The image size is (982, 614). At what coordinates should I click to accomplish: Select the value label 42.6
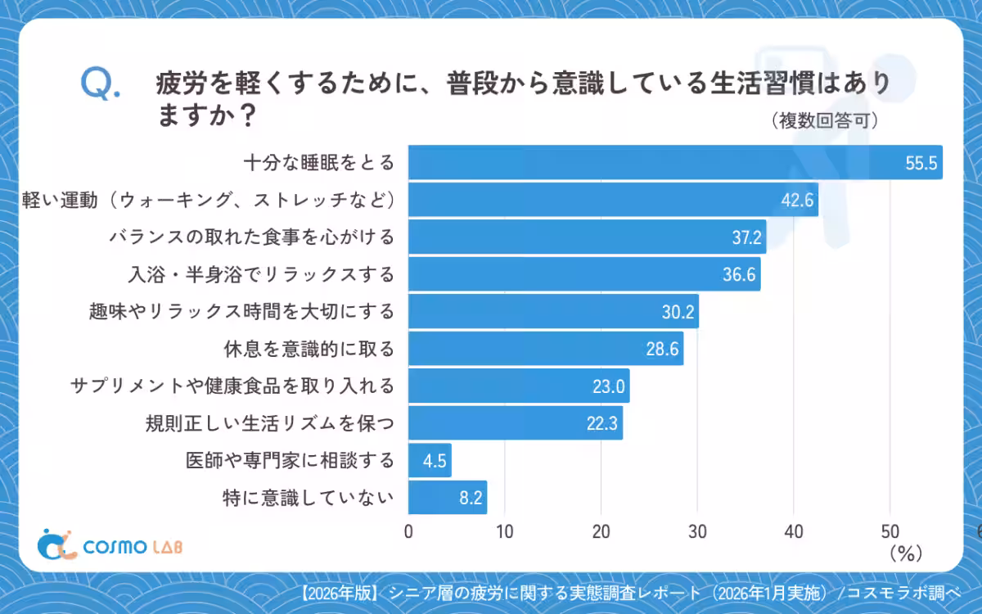(x=795, y=201)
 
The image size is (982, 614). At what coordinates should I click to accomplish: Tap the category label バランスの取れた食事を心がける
(x=252, y=237)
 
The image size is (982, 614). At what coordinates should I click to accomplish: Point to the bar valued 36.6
(x=584, y=274)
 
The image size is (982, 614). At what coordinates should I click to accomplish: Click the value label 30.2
(x=677, y=312)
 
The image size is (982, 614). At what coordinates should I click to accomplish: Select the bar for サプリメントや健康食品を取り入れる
(x=519, y=386)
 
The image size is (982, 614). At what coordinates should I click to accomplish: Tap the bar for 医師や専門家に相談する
(x=430, y=460)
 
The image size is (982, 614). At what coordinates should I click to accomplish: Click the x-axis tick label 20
(x=601, y=530)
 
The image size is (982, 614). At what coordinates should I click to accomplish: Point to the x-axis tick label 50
(x=890, y=530)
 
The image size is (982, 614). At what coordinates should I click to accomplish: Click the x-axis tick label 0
(x=408, y=530)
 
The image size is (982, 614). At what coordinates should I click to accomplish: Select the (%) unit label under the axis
(x=905, y=553)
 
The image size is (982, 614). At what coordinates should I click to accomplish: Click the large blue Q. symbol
(x=101, y=84)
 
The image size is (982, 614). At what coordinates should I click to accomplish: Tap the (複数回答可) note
(x=825, y=121)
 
